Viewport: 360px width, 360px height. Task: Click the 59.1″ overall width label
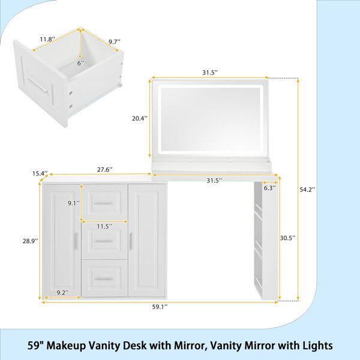pyautogui.click(x=160, y=307)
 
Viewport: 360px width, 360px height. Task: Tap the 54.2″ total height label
pyautogui.click(x=307, y=190)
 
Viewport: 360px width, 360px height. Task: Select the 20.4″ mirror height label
pyautogui.click(x=140, y=118)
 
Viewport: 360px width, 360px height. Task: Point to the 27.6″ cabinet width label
pyautogui.click(x=104, y=169)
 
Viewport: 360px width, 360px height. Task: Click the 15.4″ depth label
pyautogui.click(x=40, y=173)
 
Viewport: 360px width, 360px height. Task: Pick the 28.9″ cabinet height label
pyautogui.click(x=31, y=241)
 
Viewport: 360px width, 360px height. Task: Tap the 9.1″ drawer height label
pyautogui.click(x=74, y=203)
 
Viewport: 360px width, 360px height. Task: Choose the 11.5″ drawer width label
pyautogui.click(x=104, y=226)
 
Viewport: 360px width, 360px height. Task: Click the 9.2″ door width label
pyautogui.click(x=63, y=293)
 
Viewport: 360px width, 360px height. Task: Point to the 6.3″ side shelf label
pyautogui.click(x=269, y=188)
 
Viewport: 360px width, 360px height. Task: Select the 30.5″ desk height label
pyautogui.click(x=287, y=238)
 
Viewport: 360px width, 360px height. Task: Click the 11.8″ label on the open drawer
pyautogui.click(x=47, y=39)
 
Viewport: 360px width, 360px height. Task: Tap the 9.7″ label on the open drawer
pyautogui.click(x=115, y=42)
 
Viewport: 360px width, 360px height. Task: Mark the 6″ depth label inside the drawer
pyautogui.click(x=80, y=63)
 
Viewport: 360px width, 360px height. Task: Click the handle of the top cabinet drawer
pyautogui.click(x=104, y=203)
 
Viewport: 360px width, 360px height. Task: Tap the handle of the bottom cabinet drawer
pyautogui.click(x=104, y=279)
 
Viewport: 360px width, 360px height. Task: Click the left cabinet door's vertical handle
pyautogui.click(x=76, y=241)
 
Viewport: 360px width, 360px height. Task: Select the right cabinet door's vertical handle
pyautogui.click(x=131, y=241)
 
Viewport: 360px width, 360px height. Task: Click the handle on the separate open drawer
pyautogui.click(x=38, y=85)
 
